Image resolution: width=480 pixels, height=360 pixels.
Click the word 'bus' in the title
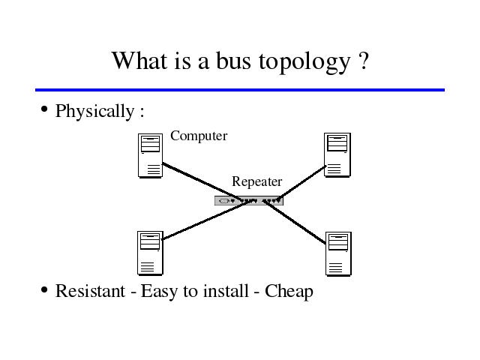point(233,61)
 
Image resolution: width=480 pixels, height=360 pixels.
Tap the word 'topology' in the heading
point(304,63)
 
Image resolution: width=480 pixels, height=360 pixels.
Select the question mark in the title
point(363,61)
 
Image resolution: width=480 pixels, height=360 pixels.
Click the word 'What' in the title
point(140,60)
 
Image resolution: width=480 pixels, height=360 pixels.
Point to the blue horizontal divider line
point(240,90)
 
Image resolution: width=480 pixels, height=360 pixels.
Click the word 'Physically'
point(94,112)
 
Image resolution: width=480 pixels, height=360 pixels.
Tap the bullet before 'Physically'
point(44,109)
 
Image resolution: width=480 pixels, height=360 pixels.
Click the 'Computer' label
point(199,136)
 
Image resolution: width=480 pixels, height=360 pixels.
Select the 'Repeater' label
point(256,181)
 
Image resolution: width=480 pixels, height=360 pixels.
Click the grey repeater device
point(249,201)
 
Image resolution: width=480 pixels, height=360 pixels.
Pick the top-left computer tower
point(150,155)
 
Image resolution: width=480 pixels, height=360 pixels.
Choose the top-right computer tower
point(337,155)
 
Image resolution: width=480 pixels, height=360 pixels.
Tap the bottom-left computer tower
point(150,253)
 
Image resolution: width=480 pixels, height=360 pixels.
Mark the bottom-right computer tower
point(338,254)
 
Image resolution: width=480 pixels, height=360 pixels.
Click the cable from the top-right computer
point(302,183)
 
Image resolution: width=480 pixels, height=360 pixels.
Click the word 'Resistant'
point(90,291)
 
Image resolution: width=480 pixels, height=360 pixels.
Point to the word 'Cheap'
point(289,292)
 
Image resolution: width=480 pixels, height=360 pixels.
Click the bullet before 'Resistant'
point(44,289)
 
